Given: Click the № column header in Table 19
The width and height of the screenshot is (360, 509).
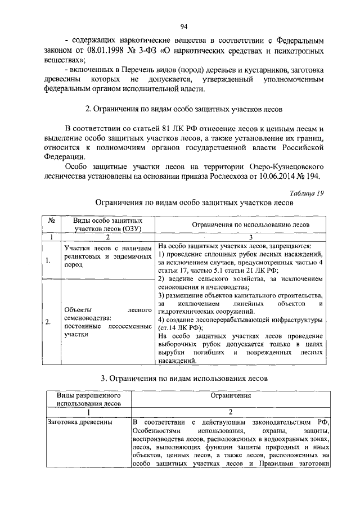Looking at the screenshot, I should point(51,221).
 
